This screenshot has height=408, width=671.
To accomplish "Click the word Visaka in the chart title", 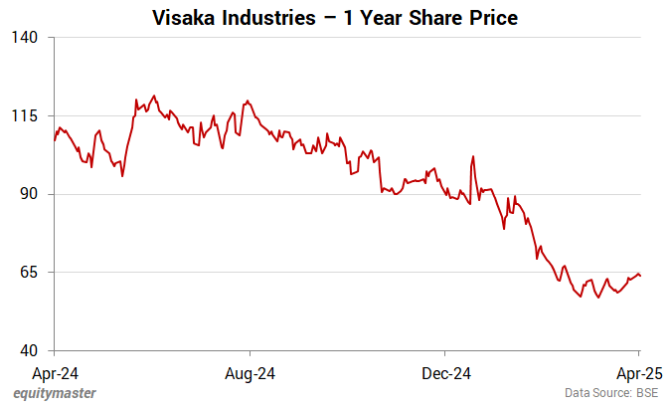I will tap(183, 18).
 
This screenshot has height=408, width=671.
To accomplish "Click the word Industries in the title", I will tap(263, 18).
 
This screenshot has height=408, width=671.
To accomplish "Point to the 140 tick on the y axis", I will tap(24, 38).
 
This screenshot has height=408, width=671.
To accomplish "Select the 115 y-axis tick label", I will tap(24, 115).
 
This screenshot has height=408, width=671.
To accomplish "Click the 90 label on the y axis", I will tap(27, 194).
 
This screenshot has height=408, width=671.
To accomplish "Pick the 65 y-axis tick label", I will tap(27, 272).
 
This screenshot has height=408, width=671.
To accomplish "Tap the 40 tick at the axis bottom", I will tap(27, 350).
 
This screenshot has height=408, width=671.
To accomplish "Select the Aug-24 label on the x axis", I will tap(250, 374).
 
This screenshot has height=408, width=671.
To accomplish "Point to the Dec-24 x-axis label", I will tap(445, 374).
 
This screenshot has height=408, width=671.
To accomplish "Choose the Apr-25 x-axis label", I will tap(638, 374).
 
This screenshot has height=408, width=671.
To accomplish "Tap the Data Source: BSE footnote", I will tap(611, 394).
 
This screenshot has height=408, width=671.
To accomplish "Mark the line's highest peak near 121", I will tap(153, 97).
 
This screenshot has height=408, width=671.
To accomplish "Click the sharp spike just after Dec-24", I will tap(473, 156).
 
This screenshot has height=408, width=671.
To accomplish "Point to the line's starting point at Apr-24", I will tap(54, 139).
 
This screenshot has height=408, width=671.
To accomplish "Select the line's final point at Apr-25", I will tap(640, 276).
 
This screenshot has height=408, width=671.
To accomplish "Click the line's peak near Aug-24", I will tap(247, 102).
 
